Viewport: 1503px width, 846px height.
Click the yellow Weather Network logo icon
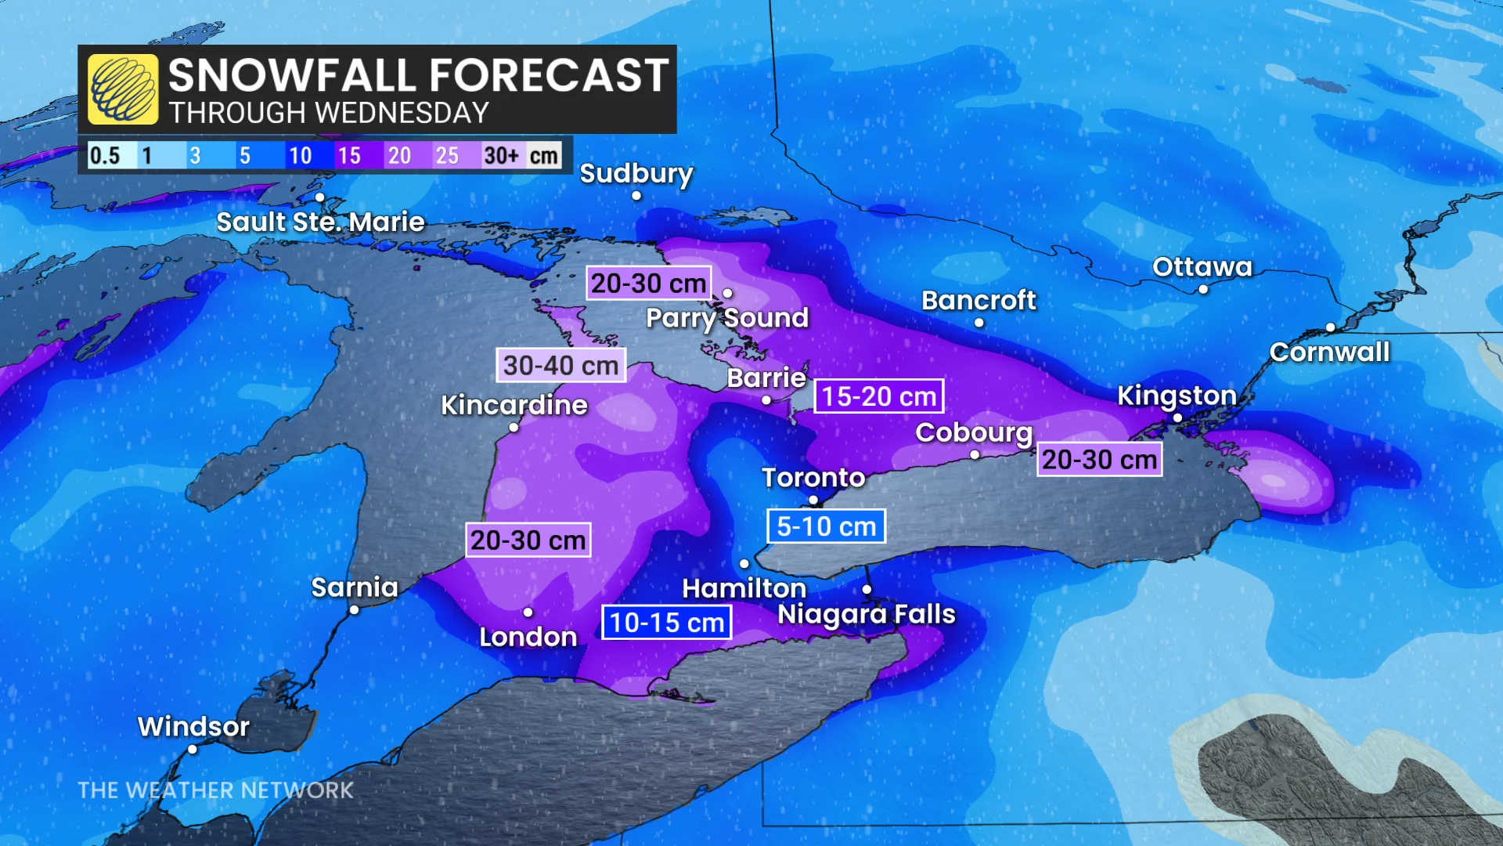123,89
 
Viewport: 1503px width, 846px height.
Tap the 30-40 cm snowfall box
560,365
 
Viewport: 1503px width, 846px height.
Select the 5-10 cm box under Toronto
826,526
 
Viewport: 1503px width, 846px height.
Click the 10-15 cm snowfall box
666,623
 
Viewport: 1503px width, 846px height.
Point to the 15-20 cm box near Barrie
878,396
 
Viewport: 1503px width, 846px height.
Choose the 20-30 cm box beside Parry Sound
648,283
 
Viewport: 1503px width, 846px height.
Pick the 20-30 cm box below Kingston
1099,460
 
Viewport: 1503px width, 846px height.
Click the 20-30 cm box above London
528,540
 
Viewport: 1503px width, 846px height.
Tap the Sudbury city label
636,173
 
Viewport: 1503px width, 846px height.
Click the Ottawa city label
1202,267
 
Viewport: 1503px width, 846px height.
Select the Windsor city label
193,726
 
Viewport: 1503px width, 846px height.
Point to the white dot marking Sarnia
354,610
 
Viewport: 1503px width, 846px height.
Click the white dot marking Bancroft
979,323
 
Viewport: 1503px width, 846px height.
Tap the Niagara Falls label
866,614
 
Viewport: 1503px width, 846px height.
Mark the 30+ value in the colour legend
501,155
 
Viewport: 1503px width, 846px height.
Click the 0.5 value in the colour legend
105,155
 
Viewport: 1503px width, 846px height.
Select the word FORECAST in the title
549,76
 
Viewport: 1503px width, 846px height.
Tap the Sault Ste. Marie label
320,222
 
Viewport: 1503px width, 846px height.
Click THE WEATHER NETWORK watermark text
215,790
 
